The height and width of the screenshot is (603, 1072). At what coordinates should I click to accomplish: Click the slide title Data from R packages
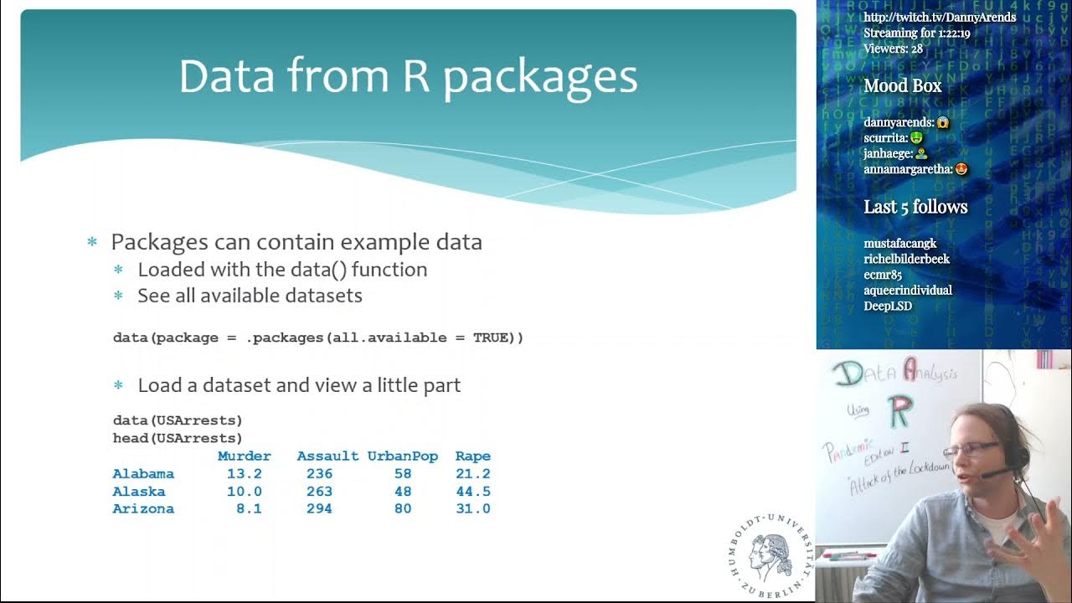(x=408, y=76)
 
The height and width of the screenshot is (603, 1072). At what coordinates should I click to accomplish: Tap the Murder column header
(x=244, y=456)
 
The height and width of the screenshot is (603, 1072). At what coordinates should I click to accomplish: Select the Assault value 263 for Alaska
(x=319, y=492)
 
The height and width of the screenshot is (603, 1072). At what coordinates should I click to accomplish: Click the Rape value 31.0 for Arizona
(x=472, y=509)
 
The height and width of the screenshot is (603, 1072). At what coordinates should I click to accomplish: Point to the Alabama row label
(x=143, y=474)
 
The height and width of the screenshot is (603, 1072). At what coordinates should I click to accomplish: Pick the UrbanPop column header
(x=402, y=456)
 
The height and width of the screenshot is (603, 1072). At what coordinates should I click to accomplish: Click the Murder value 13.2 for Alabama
(x=245, y=474)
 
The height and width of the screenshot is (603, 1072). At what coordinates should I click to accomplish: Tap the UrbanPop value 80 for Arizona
(x=403, y=509)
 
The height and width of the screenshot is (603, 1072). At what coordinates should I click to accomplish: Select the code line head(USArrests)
(x=178, y=438)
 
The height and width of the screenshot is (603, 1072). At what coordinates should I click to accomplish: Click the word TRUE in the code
(x=493, y=338)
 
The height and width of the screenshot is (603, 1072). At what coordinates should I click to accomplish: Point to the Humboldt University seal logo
(x=770, y=554)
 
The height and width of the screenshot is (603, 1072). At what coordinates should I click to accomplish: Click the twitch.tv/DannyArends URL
(x=940, y=18)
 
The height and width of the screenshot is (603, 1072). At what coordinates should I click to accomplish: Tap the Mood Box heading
(x=902, y=85)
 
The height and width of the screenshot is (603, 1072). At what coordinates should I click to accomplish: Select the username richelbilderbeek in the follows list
(x=906, y=259)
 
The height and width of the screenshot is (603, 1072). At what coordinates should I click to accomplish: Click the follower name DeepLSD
(x=888, y=306)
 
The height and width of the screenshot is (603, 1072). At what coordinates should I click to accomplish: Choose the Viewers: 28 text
(x=893, y=49)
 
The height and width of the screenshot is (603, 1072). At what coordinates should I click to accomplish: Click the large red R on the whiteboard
(x=901, y=411)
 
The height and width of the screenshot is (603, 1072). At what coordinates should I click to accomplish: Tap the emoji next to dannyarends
(x=943, y=122)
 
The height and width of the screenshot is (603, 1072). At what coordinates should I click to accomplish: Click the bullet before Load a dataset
(x=118, y=385)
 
